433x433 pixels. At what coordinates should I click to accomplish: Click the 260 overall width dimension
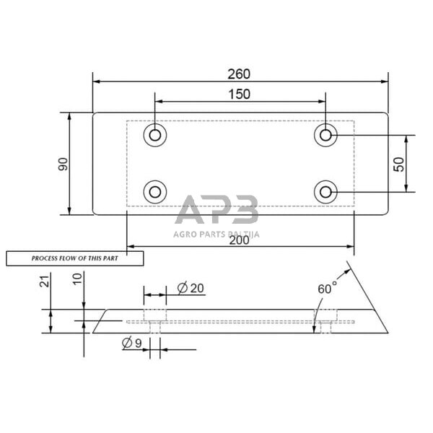(240, 74)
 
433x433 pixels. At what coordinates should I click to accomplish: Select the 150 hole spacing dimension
(240, 94)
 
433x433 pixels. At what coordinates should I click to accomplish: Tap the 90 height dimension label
(64, 164)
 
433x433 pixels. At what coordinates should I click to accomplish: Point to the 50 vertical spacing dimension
(398, 164)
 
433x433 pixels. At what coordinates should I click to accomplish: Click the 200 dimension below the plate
(239, 240)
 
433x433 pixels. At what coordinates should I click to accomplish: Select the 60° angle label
(327, 288)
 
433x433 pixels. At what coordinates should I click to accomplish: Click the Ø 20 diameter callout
(191, 288)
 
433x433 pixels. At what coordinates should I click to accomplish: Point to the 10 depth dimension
(77, 279)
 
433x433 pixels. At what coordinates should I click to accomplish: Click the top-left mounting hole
(155, 135)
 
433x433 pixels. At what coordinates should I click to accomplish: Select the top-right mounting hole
(326, 135)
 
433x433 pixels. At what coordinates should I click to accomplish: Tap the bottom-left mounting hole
(155, 192)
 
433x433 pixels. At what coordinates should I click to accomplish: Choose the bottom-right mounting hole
(326, 192)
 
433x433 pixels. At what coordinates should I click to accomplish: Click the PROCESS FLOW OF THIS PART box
(75, 258)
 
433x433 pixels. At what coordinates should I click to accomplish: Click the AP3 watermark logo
(216, 211)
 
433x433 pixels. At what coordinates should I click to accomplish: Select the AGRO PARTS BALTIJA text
(216, 234)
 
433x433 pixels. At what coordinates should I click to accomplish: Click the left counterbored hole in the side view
(154, 318)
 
